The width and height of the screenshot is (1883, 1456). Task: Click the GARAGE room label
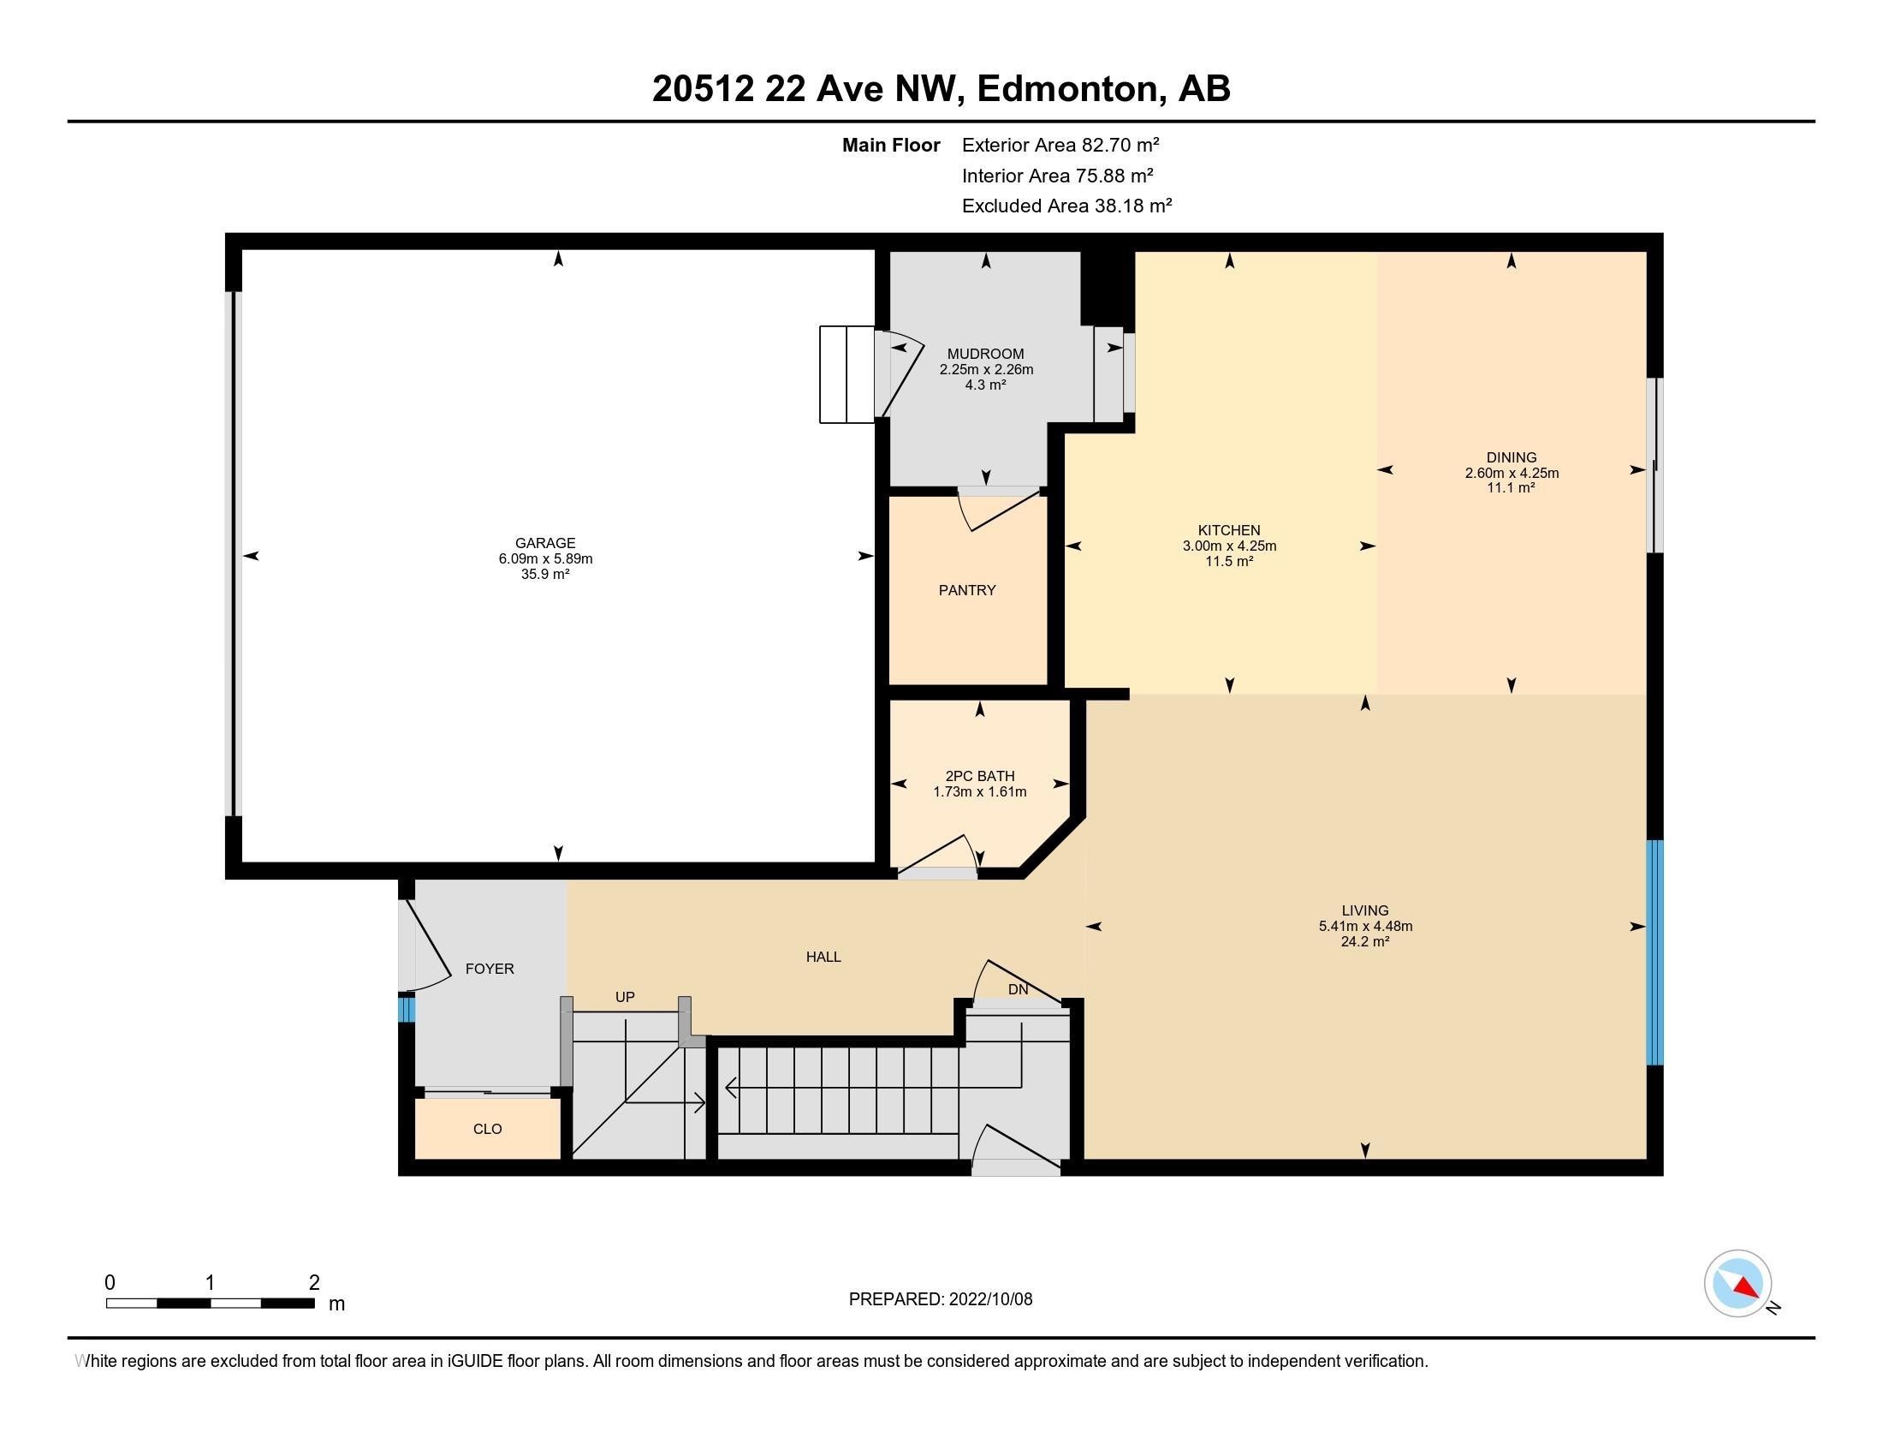545,542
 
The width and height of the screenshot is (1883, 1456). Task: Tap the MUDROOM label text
985,354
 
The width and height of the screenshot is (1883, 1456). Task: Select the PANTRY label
966,590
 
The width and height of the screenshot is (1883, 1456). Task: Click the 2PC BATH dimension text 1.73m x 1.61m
979,792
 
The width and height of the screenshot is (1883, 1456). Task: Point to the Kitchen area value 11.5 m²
1228,562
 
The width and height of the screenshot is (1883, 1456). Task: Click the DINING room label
1511,457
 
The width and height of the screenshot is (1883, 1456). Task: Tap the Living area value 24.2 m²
1365,942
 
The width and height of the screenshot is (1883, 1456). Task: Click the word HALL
823,957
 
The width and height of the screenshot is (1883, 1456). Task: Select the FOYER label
489,969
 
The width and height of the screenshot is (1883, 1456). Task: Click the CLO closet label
487,1129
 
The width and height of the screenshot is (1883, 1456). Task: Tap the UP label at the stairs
625,997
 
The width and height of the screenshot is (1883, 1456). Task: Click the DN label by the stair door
1019,989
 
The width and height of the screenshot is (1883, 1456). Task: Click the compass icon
1737,1284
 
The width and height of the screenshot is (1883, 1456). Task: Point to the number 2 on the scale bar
315,1282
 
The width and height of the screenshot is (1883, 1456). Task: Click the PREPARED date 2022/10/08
989,1299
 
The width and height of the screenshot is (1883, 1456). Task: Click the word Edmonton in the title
1066,89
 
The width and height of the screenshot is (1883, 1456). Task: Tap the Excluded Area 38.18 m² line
1066,206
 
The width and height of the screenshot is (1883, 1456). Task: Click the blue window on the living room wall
1654,952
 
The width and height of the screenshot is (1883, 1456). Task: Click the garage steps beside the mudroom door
846,374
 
